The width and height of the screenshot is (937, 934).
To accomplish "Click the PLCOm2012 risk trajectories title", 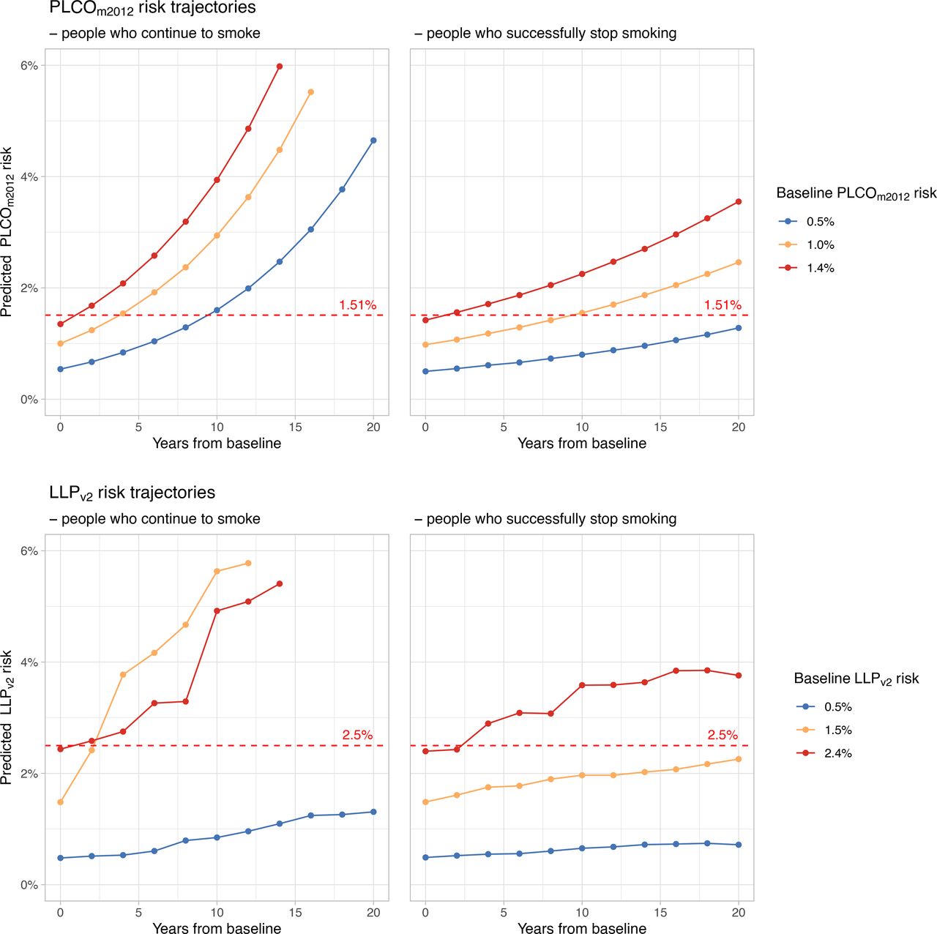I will [152, 9].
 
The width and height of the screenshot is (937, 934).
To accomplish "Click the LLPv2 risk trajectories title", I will [132, 493].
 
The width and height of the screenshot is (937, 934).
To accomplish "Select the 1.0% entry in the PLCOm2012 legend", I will [820, 245].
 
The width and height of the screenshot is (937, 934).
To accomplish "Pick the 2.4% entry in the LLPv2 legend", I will [837, 753].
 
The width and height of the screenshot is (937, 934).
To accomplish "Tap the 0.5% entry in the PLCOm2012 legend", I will [820, 222].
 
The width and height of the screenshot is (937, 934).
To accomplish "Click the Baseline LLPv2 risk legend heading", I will [856, 679].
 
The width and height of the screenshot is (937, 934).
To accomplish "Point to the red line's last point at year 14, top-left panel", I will [280, 67].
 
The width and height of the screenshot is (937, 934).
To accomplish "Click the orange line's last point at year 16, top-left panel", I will [311, 92].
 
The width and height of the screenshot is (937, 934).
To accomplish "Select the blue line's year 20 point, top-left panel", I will [373, 141].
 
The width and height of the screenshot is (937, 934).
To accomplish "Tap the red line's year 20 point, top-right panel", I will [739, 202].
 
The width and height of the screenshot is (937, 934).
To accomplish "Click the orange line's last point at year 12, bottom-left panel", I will [248, 563].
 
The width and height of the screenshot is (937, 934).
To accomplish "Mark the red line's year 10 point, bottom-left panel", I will [217, 610].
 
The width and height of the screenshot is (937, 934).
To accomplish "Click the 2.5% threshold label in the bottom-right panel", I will [722, 735].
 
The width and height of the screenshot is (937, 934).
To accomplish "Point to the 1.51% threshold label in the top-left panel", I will [357, 305].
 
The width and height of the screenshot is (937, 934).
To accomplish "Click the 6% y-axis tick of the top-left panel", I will [29, 66].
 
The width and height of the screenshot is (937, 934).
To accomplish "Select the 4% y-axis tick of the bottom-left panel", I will [29, 662].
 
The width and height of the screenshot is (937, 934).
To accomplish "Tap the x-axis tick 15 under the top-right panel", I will [660, 427].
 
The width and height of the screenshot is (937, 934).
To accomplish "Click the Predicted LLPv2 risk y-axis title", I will [7, 717].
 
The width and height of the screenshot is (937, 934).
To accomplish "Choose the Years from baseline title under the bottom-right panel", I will [582, 928].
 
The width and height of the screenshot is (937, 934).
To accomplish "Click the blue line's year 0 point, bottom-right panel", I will [425, 857].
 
